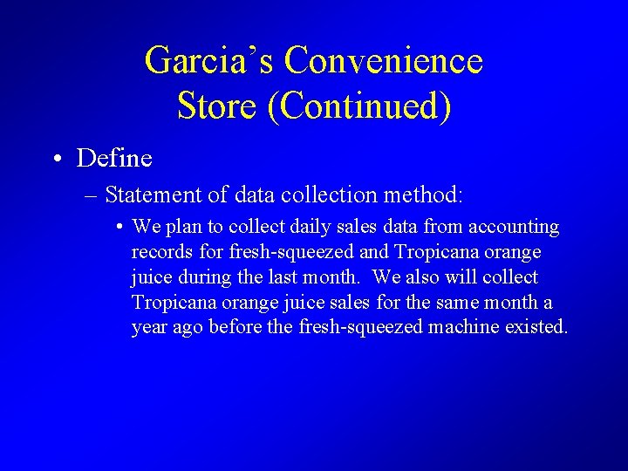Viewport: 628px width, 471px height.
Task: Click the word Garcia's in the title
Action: (x=208, y=61)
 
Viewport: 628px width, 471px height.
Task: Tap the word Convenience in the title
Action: (x=383, y=61)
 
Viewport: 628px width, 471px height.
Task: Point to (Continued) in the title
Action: (x=359, y=106)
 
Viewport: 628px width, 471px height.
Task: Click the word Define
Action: (x=114, y=159)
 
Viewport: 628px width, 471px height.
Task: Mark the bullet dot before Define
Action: (x=56, y=159)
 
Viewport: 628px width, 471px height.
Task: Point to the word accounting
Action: (x=514, y=227)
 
